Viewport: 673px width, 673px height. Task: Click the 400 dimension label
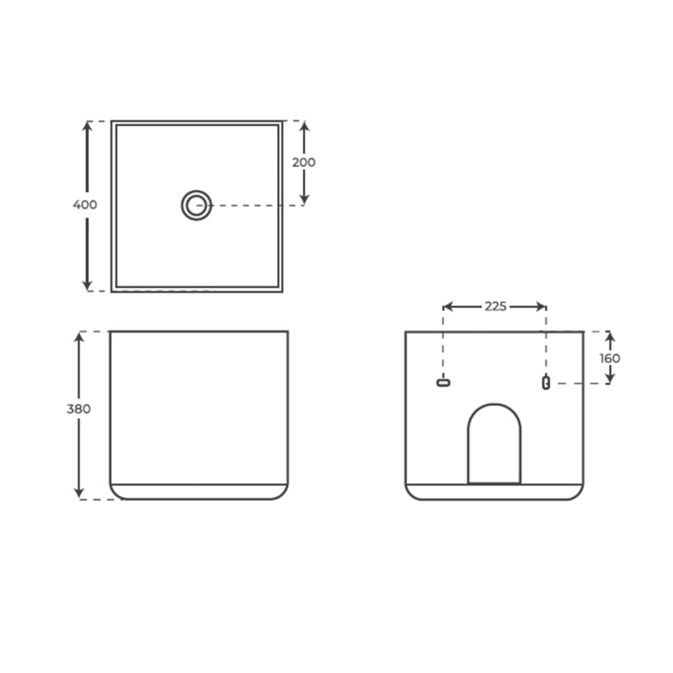tap(85, 205)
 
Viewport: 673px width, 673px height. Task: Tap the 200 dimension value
tap(304, 162)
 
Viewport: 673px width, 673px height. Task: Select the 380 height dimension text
tap(79, 409)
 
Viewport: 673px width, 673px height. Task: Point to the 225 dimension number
tap(495, 306)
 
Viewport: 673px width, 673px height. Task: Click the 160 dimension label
tap(610, 358)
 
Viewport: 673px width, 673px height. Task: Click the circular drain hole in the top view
tap(196, 205)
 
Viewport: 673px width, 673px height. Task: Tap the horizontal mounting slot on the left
tap(444, 382)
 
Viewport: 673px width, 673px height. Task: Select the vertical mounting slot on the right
tap(546, 382)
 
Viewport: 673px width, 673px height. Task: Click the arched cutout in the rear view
tap(494, 443)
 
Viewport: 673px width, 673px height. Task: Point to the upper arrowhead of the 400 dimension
tap(87, 126)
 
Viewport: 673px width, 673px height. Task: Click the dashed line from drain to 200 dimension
tap(258, 205)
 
